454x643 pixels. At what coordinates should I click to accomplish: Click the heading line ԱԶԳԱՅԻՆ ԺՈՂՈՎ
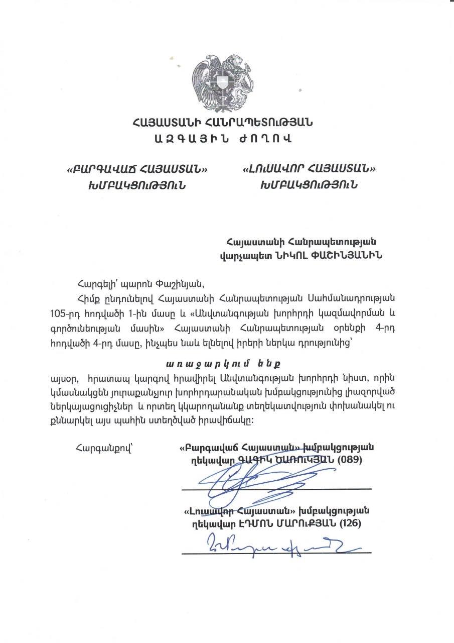[x=223, y=137]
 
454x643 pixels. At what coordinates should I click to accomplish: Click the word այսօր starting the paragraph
[x=63, y=377]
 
